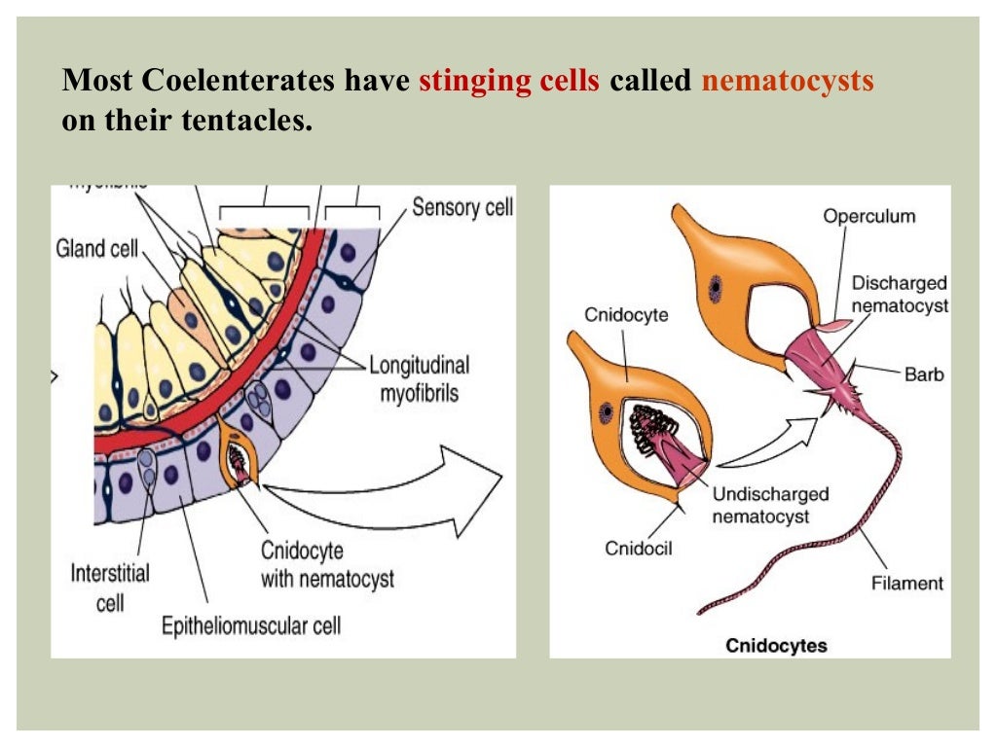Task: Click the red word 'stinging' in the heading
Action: pos(466,81)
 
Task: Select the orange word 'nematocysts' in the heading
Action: pos(787,81)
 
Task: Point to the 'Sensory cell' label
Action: pos(462,207)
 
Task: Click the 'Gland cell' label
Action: pos(96,249)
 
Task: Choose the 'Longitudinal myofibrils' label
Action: pos(419,379)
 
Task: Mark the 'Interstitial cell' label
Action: pos(110,587)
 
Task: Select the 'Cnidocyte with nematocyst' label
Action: pos(327,564)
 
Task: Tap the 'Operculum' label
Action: pos(868,216)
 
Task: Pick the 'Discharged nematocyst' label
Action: pos(900,294)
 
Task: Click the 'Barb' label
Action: pos(923,373)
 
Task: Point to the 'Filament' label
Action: pos(906,584)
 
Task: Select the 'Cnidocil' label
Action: pos(638,549)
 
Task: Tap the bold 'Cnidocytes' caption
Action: pos(776,645)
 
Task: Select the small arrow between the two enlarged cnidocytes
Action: pos(765,440)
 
